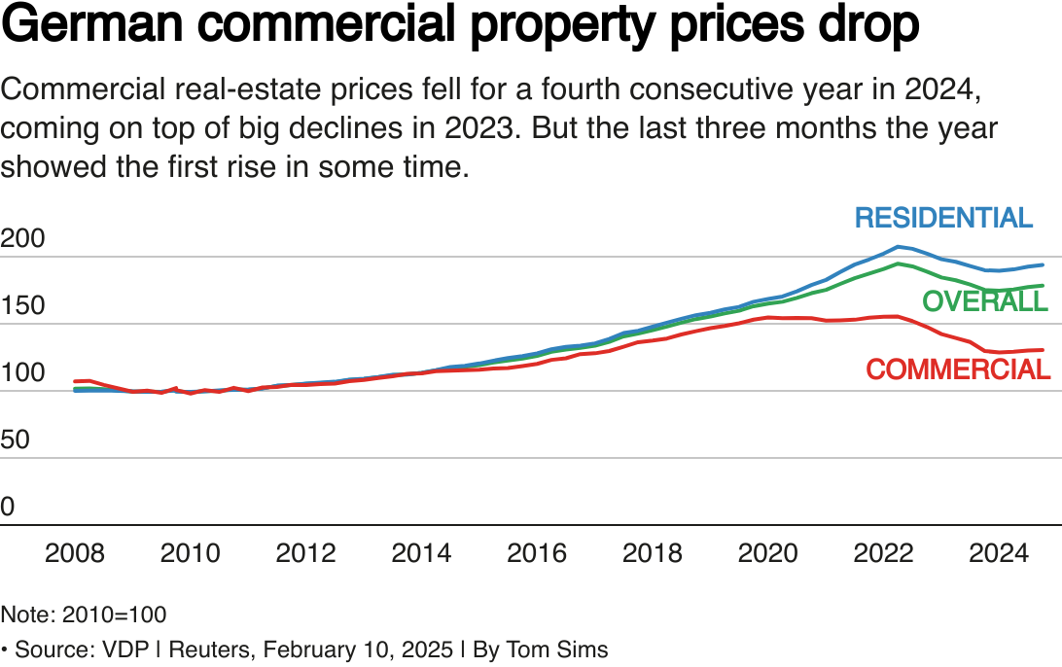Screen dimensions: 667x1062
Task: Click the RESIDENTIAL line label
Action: point(943,218)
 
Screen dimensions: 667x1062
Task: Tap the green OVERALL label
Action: point(984,301)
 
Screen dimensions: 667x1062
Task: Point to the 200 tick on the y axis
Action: point(22,239)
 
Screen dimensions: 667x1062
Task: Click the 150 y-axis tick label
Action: point(22,306)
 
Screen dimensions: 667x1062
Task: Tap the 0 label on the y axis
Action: point(8,507)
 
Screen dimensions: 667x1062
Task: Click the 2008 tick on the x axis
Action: point(76,553)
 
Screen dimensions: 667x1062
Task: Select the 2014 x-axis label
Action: point(421,553)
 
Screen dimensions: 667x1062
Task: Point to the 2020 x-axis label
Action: point(767,553)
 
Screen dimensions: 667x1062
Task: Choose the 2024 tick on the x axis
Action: point(998,553)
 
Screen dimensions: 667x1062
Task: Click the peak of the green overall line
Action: point(900,263)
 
